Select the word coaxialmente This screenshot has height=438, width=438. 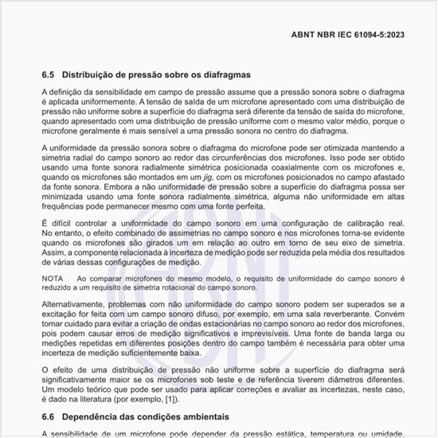click(291, 169)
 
